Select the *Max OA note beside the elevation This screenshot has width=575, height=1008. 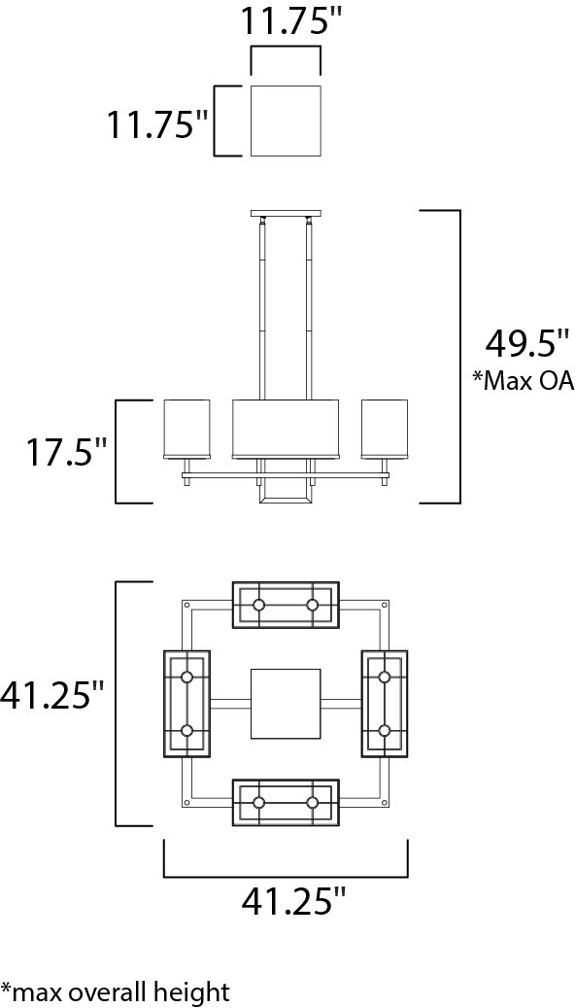pyautogui.click(x=523, y=381)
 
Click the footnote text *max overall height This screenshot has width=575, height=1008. pyautogui.click(x=115, y=991)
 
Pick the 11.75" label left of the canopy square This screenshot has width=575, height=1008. pyautogui.click(x=157, y=124)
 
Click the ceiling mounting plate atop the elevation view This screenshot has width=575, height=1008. pyautogui.click(x=286, y=214)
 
